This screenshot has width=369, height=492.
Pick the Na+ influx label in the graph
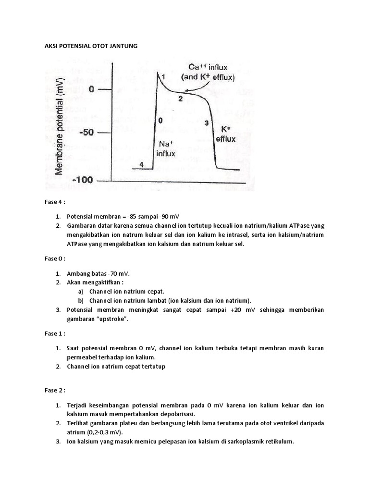coord(165,149)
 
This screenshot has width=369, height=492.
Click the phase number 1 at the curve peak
coord(163,76)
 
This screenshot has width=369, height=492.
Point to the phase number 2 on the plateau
coord(181,99)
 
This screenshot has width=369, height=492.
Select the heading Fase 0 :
coord(55,258)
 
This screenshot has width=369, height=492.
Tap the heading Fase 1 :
coord(55,333)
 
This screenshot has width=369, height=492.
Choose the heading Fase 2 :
coord(55,390)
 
